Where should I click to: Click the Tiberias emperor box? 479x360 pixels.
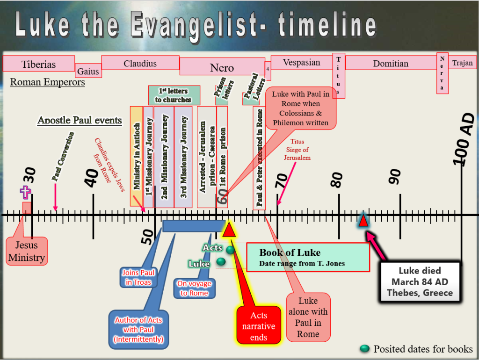(x=39, y=64)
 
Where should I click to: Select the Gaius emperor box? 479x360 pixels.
(x=88, y=71)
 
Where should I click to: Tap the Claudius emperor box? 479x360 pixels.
(x=140, y=63)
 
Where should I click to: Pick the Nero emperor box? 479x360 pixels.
(x=222, y=66)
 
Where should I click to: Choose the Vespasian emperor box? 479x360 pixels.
(x=302, y=62)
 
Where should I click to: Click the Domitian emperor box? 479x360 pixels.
(x=391, y=63)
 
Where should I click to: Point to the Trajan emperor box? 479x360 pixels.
(x=463, y=63)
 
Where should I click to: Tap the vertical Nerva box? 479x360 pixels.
(x=443, y=73)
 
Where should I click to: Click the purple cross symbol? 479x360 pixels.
(x=25, y=192)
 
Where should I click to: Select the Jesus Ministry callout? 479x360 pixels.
(x=27, y=251)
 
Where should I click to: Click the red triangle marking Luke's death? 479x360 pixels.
(x=363, y=220)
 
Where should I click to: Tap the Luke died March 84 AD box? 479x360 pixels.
(x=420, y=281)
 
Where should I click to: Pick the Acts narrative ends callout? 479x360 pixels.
(x=259, y=325)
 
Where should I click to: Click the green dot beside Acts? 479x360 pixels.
(x=230, y=250)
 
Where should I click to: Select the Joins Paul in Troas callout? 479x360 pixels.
(x=138, y=277)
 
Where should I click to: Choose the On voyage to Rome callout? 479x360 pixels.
(x=194, y=288)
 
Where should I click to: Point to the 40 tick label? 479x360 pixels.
(x=92, y=178)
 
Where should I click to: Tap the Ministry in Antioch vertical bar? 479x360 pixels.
(x=136, y=156)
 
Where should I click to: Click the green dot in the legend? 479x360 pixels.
(x=364, y=349)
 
